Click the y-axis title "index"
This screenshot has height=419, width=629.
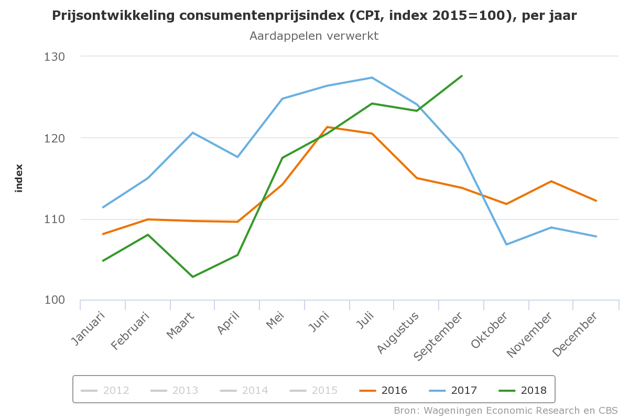coord(19,179)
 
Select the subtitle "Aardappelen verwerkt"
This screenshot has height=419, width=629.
coord(314,36)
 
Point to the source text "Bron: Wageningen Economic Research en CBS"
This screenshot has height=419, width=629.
coord(506,410)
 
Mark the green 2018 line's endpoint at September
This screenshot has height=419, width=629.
coord(462,76)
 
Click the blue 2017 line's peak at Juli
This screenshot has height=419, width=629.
coord(372,78)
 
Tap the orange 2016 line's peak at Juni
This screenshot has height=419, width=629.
coord(327,127)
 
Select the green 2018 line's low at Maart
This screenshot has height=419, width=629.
coord(193,277)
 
